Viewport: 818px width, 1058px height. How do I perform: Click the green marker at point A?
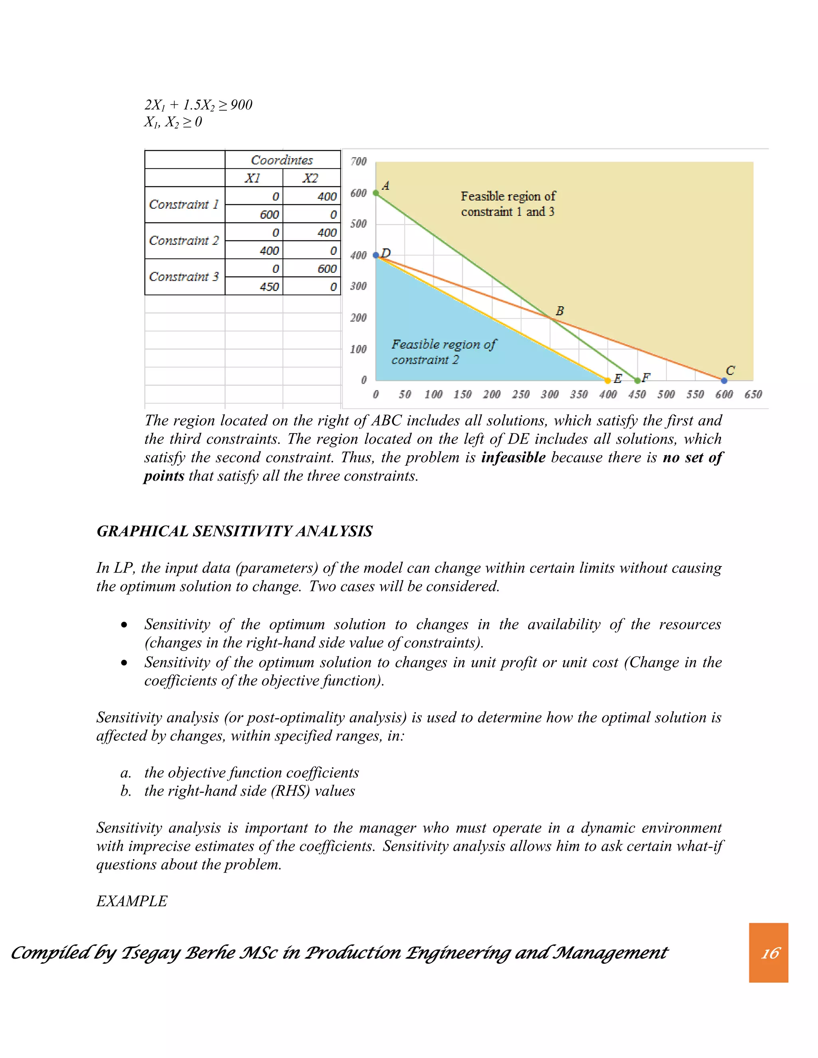point(375,193)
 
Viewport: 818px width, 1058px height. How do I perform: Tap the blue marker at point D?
point(375,255)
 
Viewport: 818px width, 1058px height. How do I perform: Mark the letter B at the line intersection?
point(560,311)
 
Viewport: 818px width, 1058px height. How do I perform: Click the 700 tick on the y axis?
point(359,161)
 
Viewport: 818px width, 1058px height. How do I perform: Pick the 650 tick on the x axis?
point(753,394)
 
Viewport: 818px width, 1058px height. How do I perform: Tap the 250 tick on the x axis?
point(520,394)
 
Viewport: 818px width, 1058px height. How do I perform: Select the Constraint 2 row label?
point(184,241)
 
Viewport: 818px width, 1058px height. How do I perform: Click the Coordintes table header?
point(282,160)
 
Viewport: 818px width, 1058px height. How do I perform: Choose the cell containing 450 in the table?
point(270,287)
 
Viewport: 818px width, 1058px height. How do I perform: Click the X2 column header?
point(311,178)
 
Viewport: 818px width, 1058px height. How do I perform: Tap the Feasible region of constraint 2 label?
point(443,352)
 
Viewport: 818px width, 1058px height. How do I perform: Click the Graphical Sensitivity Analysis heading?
point(234,531)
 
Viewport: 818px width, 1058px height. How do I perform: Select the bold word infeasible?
point(513,457)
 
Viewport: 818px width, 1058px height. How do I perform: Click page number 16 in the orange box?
point(770,953)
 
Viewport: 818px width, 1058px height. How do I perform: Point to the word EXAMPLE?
point(132,901)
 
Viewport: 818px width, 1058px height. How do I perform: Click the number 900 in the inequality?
point(241,105)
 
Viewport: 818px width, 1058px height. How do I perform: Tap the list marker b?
point(125,791)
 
